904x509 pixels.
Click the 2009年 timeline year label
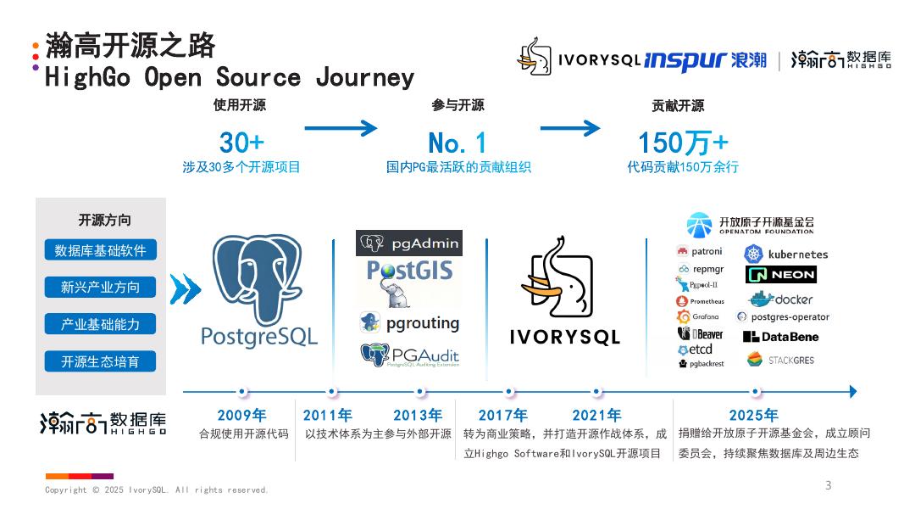[x=241, y=416]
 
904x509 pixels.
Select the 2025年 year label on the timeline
[x=753, y=416]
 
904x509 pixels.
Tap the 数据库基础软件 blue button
[x=100, y=250]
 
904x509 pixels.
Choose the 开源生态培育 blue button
[x=100, y=361]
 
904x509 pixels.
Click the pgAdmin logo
[x=409, y=243]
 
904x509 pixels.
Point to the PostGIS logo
[x=409, y=271]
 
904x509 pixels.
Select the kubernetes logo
[x=785, y=254]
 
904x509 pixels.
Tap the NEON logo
[x=781, y=275]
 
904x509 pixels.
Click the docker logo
[x=780, y=299]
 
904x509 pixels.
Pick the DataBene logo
[x=780, y=337]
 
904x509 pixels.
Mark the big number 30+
[x=241, y=142]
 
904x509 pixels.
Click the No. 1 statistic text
[x=458, y=142]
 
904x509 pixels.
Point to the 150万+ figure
[x=682, y=142]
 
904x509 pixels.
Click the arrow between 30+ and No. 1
[x=340, y=129]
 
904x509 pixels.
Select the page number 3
[x=829, y=485]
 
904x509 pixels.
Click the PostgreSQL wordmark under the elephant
[x=259, y=336]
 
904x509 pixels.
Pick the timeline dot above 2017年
[x=509, y=392]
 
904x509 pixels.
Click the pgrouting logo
[x=409, y=323]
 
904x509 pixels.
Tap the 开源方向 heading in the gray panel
[x=104, y=221]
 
